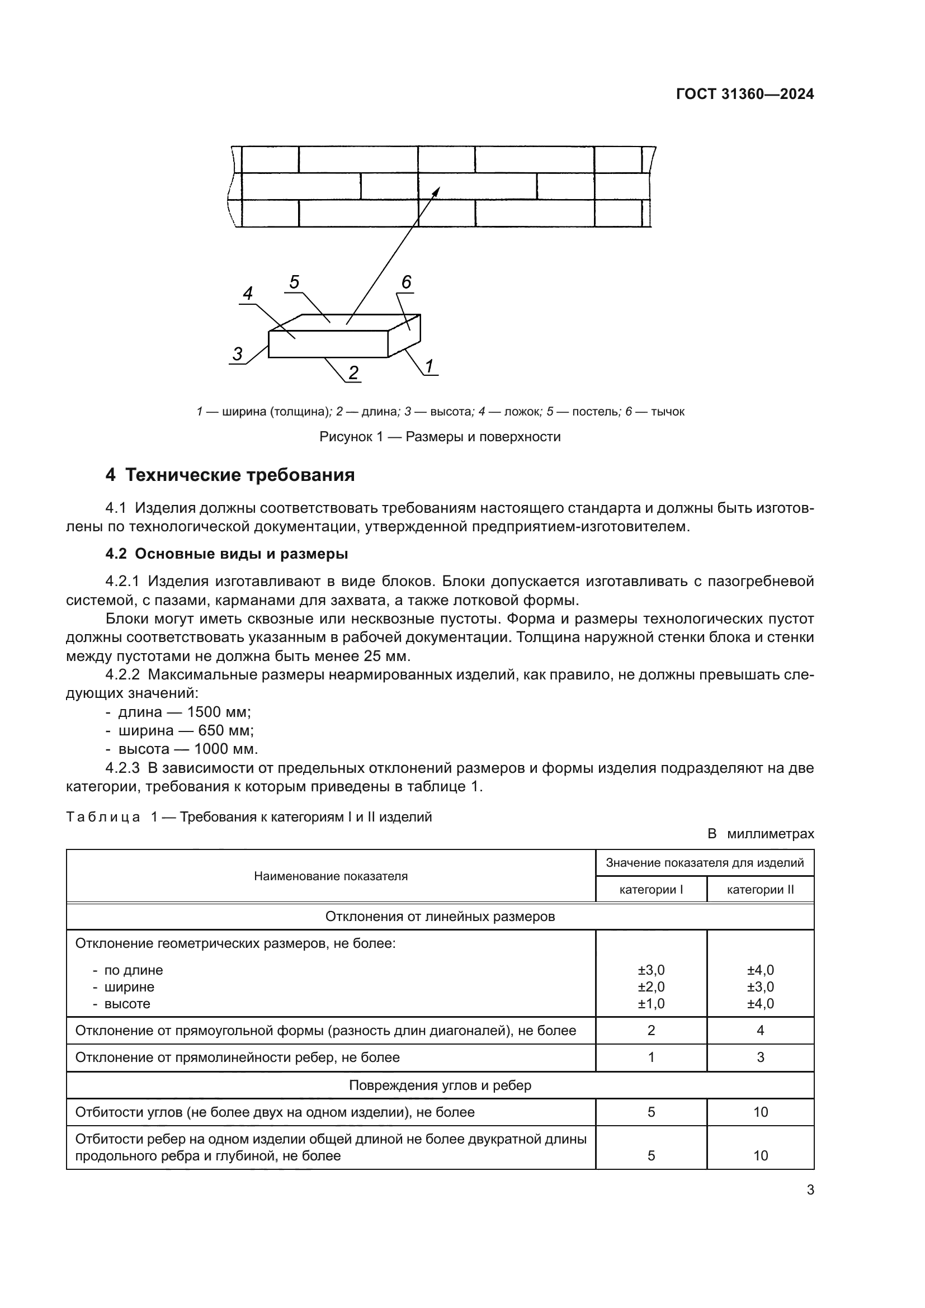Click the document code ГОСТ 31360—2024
point(744,95)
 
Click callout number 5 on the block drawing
point(294,282)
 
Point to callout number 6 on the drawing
point(406,282)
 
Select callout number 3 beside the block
point(238,355)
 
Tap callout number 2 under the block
point(353,373)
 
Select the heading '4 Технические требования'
point(230,475)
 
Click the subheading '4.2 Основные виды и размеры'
point(226,554)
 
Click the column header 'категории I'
point(651,889)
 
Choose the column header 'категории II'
point(760,889)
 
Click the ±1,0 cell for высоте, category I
point(651,1004)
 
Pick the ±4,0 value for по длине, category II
point(761,970)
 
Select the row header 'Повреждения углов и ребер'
point(440,1085)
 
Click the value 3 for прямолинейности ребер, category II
point(761,1057)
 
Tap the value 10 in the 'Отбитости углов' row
point(761,1112)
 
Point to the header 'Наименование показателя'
point(331,876)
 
